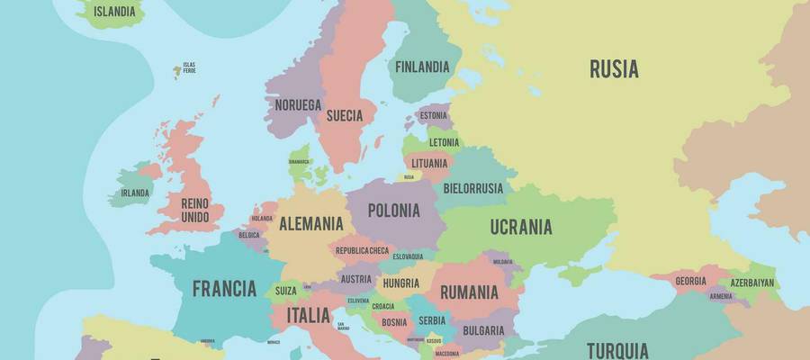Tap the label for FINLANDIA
(421, 66)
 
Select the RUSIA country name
(614, 68)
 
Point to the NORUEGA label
(298, 105)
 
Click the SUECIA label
(345, 115)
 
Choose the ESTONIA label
(433, 116)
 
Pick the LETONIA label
(444, 142)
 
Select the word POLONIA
(394, 211)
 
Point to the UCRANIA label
(521, 227)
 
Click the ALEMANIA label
(310, 223)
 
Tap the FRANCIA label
(224, 289)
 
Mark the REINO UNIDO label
(195, 211)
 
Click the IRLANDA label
(135, 193)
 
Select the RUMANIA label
(469, 292)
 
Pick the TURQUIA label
(617, 349)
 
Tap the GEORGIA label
(690, 281)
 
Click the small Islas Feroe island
(177, 70)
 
